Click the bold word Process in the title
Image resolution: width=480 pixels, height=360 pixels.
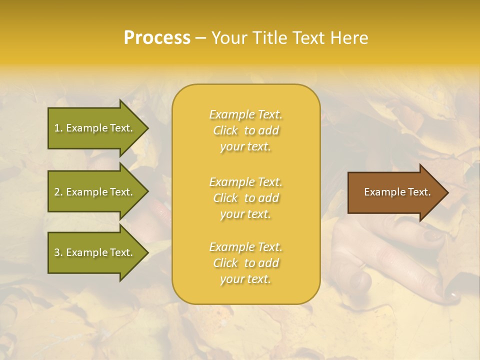click(x=157, y=38)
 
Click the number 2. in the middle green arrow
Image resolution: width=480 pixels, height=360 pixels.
click(x=58, y=192)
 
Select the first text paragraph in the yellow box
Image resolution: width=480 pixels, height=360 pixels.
click(x=245, y=130)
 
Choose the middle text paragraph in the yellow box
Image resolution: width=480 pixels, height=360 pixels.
click(x=245, y=198)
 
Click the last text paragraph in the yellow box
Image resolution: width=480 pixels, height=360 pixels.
click(x=245, y=263)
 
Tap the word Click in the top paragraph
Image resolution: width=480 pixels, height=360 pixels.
click(x=225, y=130)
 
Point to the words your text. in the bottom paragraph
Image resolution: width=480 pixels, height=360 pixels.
click(x=245, y=279)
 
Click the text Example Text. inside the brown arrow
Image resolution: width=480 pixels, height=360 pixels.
click(x=397, y=192)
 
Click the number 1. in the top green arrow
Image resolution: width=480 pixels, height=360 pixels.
click(x=58, y=128)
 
